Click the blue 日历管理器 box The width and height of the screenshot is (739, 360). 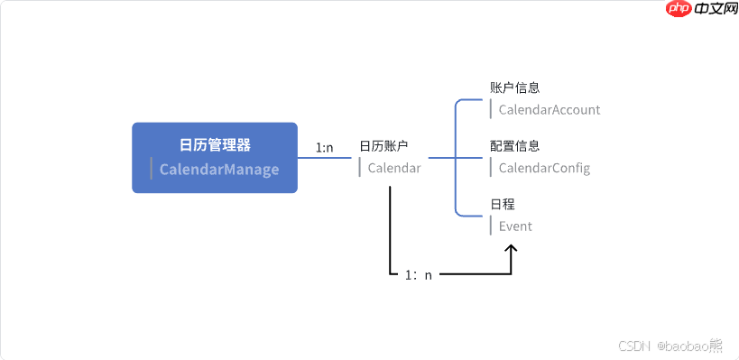(215, 157)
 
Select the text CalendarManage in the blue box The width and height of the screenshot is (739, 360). (219, 170)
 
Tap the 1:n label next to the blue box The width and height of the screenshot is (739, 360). (325, 147)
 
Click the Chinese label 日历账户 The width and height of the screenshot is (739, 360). (383, 146)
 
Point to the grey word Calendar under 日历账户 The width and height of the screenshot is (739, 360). (394, 168)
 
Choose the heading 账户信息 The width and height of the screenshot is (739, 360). (514, 88)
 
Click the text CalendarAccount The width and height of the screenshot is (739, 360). (549, 110)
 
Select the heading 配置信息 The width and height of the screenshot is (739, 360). (514, 146)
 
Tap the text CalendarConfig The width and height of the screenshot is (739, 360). (544, 168)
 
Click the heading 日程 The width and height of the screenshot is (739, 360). (503, 204)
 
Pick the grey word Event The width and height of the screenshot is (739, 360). (515, 226)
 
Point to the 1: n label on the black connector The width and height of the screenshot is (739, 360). (418, 274)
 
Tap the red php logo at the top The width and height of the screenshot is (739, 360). (679, 9)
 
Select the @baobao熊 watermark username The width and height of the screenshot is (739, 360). (689, 345)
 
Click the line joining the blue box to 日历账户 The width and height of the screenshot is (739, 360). (325, 158)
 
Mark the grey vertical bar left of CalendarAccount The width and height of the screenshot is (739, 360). (491, 110)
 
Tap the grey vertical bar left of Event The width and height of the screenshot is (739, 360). (491, 226)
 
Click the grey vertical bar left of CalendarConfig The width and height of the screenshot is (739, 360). (491, 168)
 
